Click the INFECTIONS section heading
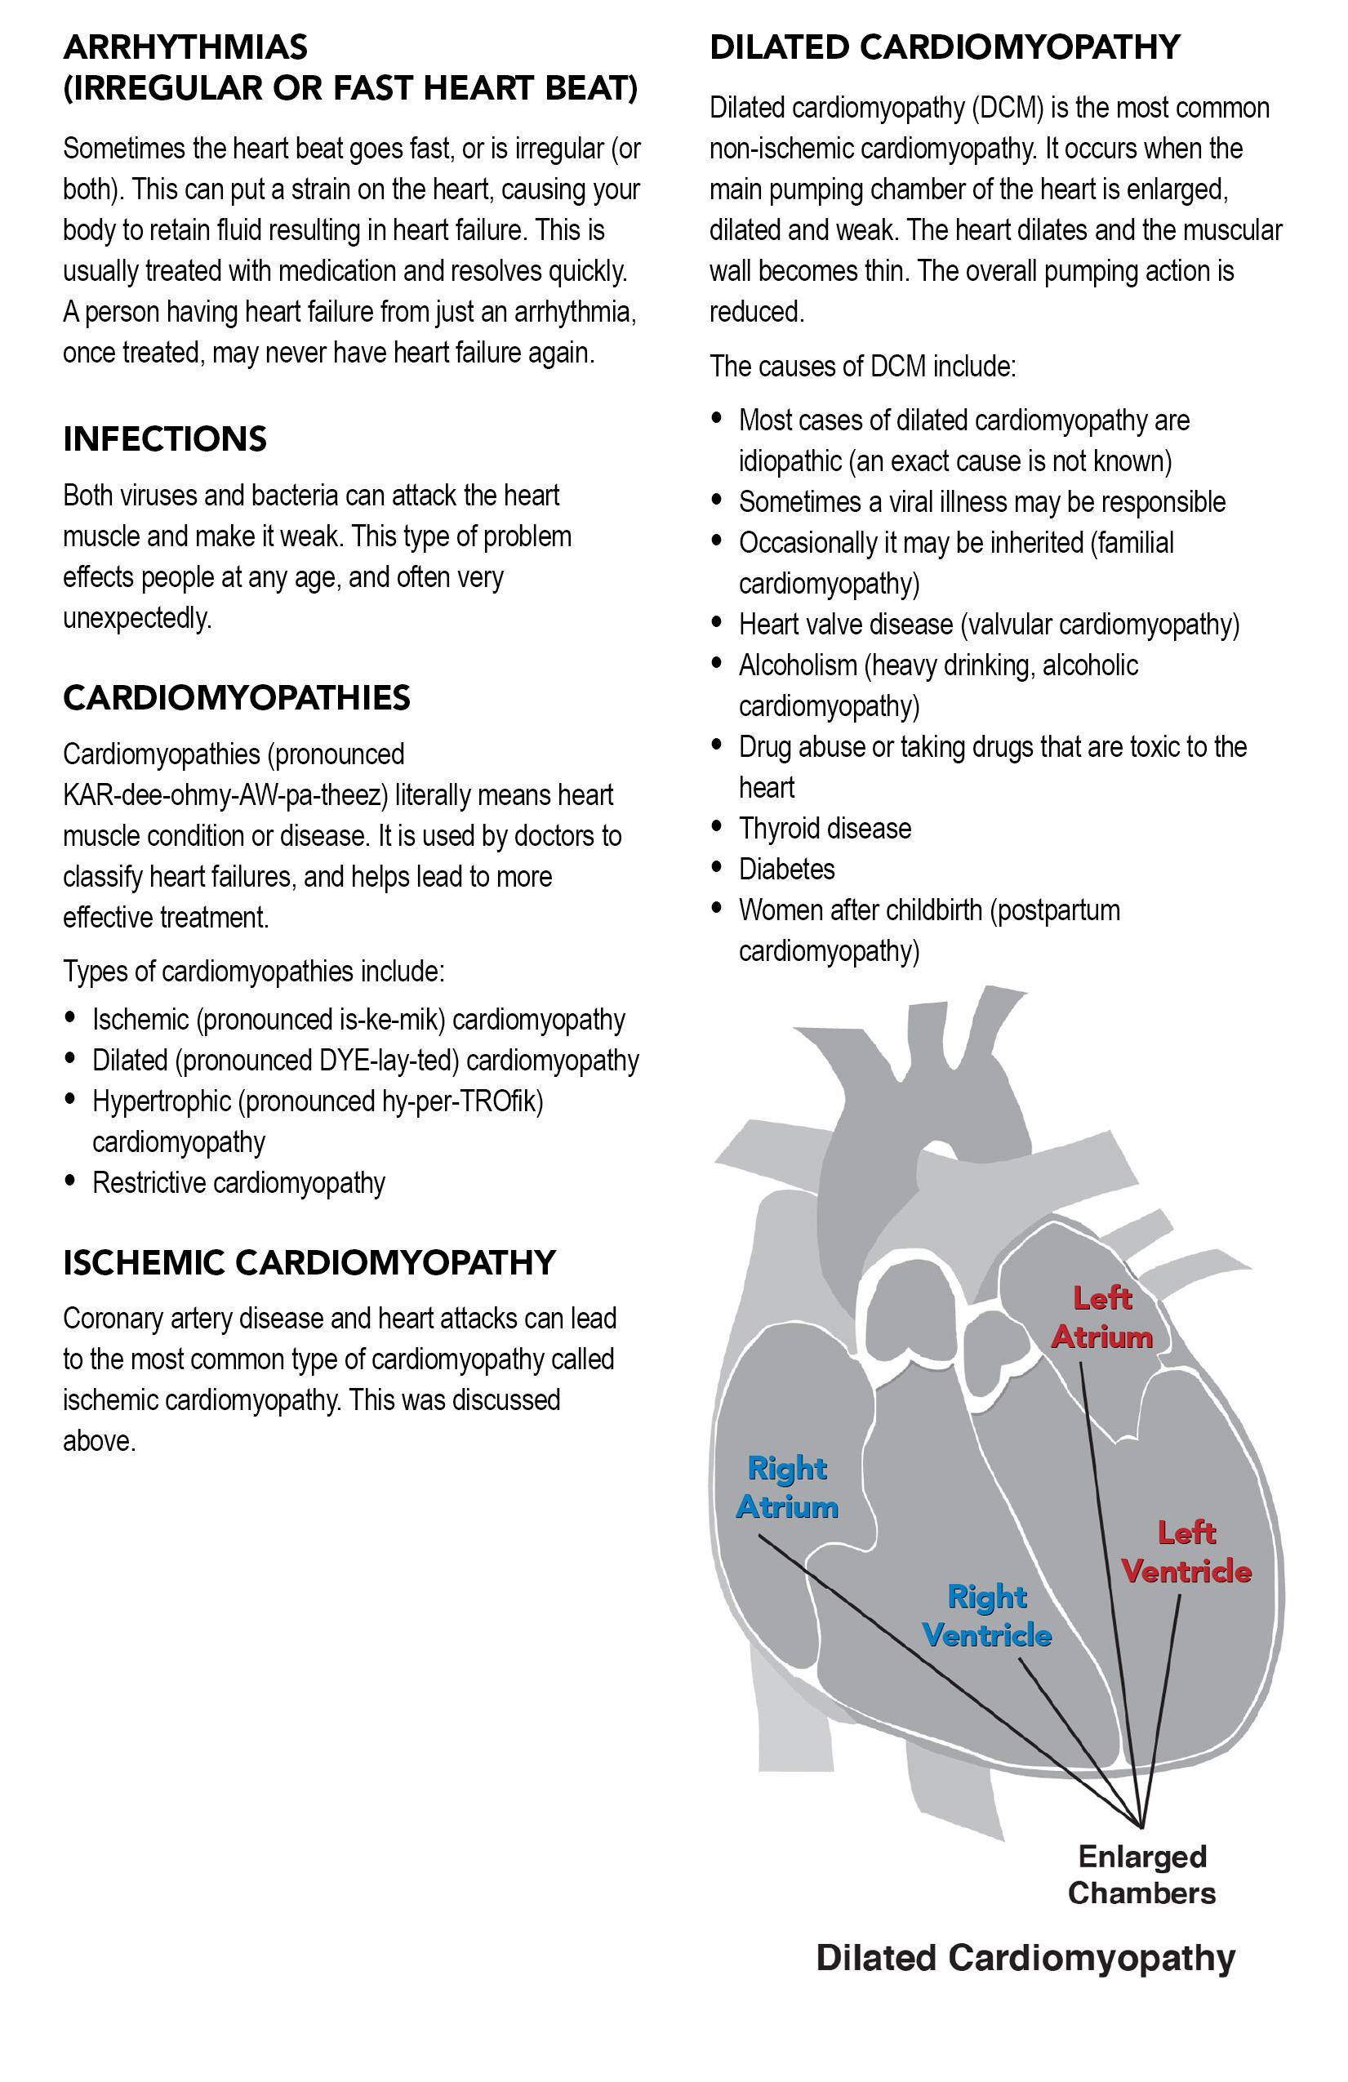point(164,439)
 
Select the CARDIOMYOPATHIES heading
point(236,698)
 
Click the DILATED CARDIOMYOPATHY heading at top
point(944,47)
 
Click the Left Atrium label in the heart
point(1101,1318)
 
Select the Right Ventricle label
point(987,1616)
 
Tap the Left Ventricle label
point(1186,1552)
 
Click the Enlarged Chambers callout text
point(1141,1875)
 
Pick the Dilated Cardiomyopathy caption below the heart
point(1025,1958)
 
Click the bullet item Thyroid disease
point(824,829)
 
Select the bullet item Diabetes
point(786,870)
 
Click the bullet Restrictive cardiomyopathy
point(238,1184)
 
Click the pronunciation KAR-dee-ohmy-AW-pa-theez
point(224,795)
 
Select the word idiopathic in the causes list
point(790,461)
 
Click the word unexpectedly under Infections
point(137,619)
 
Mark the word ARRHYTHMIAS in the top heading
point(185,47)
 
